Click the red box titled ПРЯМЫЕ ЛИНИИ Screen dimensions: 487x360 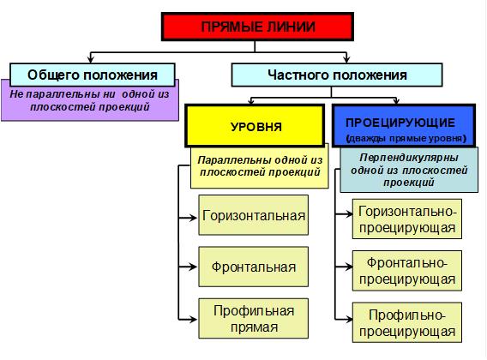tap(257, 27)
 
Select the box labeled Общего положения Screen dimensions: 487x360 tap(93, 75)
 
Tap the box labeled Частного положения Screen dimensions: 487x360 tap(337, 75)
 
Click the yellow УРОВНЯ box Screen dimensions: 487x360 tap(255, 126)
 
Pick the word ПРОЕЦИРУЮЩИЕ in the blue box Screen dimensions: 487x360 tap(400, 123)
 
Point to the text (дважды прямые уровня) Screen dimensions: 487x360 tap(406, 138)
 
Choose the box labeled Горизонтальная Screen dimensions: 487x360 tap(254, 215)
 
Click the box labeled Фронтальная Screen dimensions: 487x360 tap(254, 267)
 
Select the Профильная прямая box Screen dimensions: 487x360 tap(254, 318)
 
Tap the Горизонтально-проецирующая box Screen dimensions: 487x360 tap(407, 219)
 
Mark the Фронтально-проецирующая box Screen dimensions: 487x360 tap(407, 271)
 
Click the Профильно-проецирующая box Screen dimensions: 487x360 tap(407, 322)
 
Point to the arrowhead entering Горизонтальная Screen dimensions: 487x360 tap(193, 218)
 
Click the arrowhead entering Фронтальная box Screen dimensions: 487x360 tap(193, 267)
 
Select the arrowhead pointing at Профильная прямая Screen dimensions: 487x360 tap(193, 319)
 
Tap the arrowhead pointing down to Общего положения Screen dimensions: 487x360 tap(90, 59)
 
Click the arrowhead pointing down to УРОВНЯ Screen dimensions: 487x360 tap(251, 101)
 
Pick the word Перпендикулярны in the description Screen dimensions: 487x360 tap(409, 158)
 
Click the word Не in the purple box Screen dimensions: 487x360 tap(15, 93)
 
